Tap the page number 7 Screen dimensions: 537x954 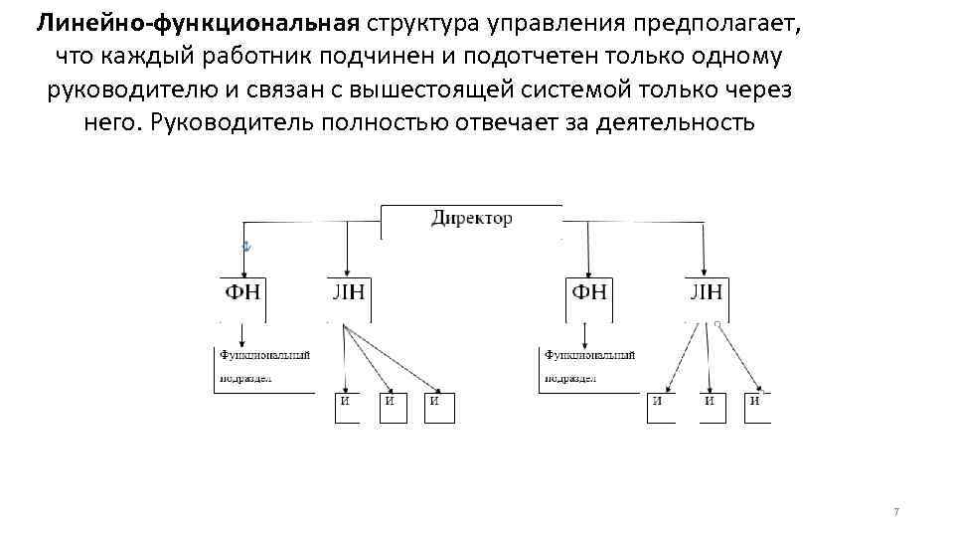click(x=896, y=511)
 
